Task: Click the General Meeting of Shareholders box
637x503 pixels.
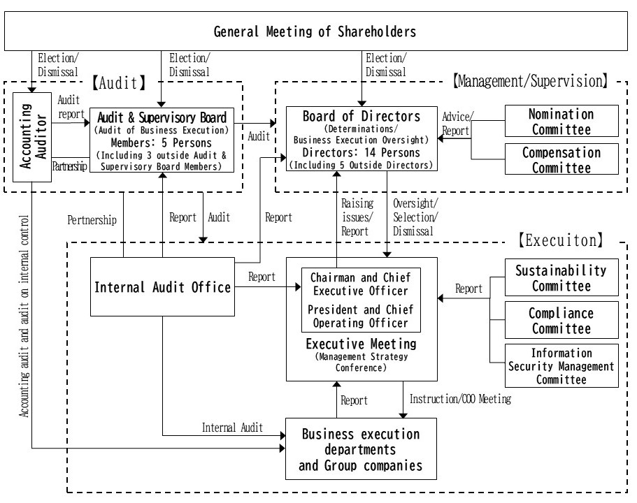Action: pos(315,31)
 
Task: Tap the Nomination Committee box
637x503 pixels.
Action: pos(561,121)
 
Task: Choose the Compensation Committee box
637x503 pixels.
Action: pos(561,159)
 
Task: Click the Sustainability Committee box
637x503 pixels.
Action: pos(561,277)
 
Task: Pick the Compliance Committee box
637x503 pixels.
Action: pos(561,321)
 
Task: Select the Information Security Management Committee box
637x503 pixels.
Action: pos(561,366)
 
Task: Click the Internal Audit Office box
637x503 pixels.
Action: pos(162,286)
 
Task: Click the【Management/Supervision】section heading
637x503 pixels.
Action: pos(529,81)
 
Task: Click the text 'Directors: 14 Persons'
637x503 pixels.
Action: pos(361,153)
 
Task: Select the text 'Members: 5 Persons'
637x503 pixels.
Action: pos(161,142)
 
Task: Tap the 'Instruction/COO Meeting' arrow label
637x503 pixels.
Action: pos(460,399)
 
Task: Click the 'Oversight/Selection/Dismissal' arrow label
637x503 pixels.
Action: pos(415,217)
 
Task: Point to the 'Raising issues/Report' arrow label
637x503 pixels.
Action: pos(357,217)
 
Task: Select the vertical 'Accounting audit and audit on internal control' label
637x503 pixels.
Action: pos(25,314)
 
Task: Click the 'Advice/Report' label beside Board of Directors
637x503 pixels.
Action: pos(457,123)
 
